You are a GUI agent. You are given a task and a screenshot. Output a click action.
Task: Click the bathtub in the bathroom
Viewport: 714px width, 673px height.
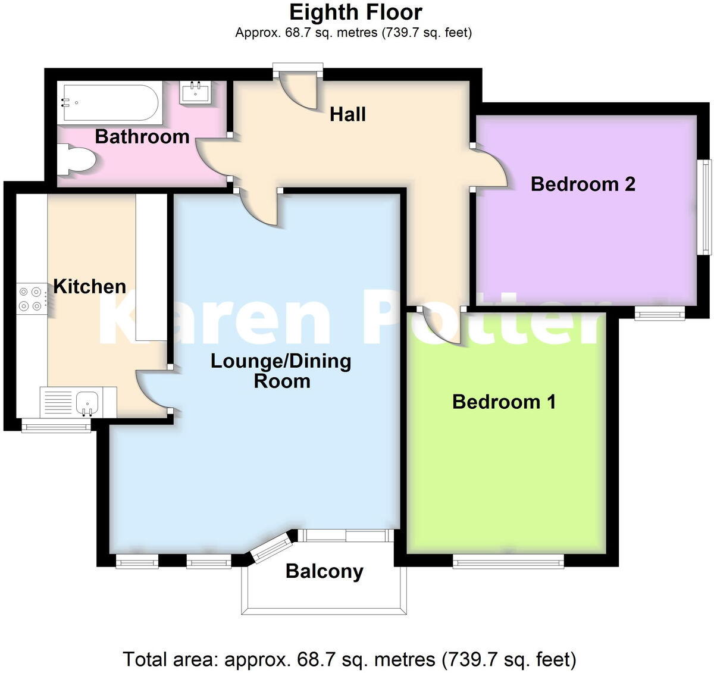109,103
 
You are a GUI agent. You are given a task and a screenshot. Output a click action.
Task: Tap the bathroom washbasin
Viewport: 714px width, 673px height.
195,93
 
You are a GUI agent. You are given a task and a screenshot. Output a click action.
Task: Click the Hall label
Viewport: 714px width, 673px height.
347,114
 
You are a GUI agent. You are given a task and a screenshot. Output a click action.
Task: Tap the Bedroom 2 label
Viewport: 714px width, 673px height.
583,184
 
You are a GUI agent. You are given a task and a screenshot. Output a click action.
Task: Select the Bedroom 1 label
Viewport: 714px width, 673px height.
504,402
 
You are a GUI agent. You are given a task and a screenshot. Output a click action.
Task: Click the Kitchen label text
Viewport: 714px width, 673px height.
90,286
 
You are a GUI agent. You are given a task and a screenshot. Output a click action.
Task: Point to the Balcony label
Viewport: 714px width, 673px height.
324,571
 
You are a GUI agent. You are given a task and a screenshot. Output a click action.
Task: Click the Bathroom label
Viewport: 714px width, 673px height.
142,136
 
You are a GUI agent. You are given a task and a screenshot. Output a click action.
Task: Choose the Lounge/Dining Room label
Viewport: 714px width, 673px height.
281,371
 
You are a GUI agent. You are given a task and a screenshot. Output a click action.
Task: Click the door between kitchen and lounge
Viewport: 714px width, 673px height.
152,390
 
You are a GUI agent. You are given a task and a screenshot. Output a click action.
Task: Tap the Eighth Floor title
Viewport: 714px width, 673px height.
355,12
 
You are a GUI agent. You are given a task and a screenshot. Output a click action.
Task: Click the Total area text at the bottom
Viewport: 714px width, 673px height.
349,659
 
